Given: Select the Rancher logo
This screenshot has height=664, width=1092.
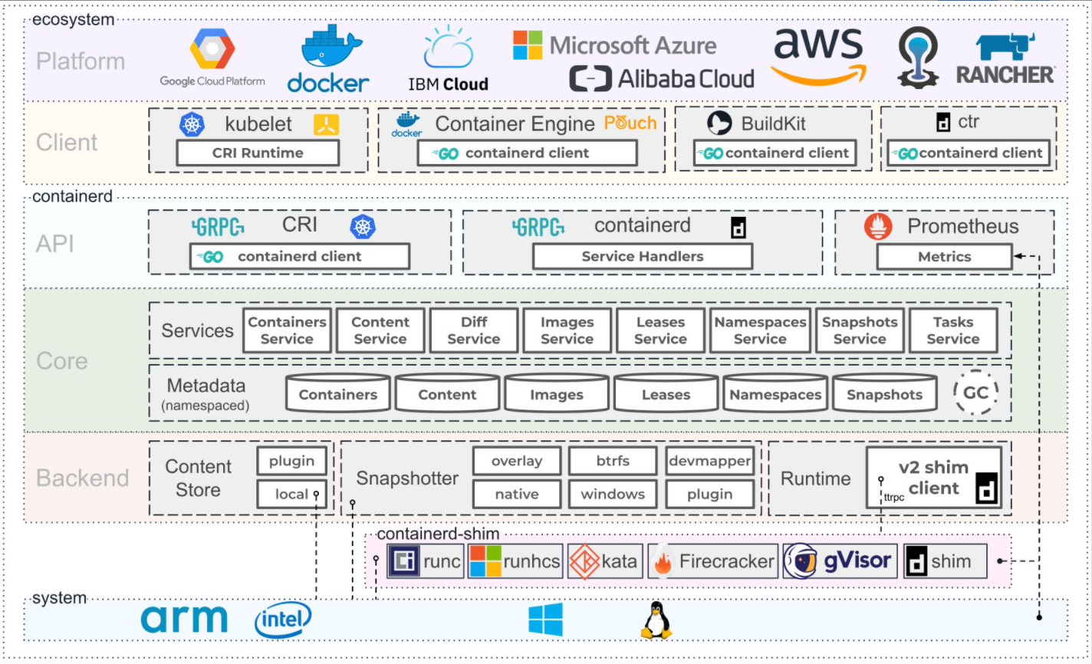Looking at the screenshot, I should (x=1005, y=59).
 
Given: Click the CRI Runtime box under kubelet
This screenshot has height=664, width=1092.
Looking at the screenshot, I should (x=258, y=153).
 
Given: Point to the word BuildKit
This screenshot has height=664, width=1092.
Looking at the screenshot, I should (x=773, y=123).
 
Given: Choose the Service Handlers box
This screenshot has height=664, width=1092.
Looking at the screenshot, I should (x=642, y=257).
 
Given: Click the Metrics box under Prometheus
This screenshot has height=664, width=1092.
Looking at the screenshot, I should (x=944, y=257).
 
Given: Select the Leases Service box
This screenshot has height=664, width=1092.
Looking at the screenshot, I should (x=660, y=330).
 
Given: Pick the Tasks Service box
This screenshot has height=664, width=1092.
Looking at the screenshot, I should (x=952, y=330).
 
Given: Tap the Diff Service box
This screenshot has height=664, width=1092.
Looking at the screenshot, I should (x=473, y=330).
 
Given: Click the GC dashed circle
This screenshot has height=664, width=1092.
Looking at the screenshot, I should (x=975, y=393).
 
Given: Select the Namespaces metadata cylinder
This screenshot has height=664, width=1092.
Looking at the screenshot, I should (x=775, y=394).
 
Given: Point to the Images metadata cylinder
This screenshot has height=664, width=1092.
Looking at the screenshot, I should (x=557, y=394).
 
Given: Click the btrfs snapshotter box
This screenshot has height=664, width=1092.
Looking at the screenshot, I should (x=613, y=461).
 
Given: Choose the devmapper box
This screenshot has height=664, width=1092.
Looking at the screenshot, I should (x=709, y=461).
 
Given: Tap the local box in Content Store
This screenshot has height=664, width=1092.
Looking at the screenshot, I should (x=291, y=495).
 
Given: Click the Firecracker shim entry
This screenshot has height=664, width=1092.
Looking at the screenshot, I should (x=713, y=562).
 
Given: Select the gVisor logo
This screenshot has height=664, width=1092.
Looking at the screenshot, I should (x=840, y=562).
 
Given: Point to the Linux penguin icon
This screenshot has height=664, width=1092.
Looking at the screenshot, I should (x=656, y=620).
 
